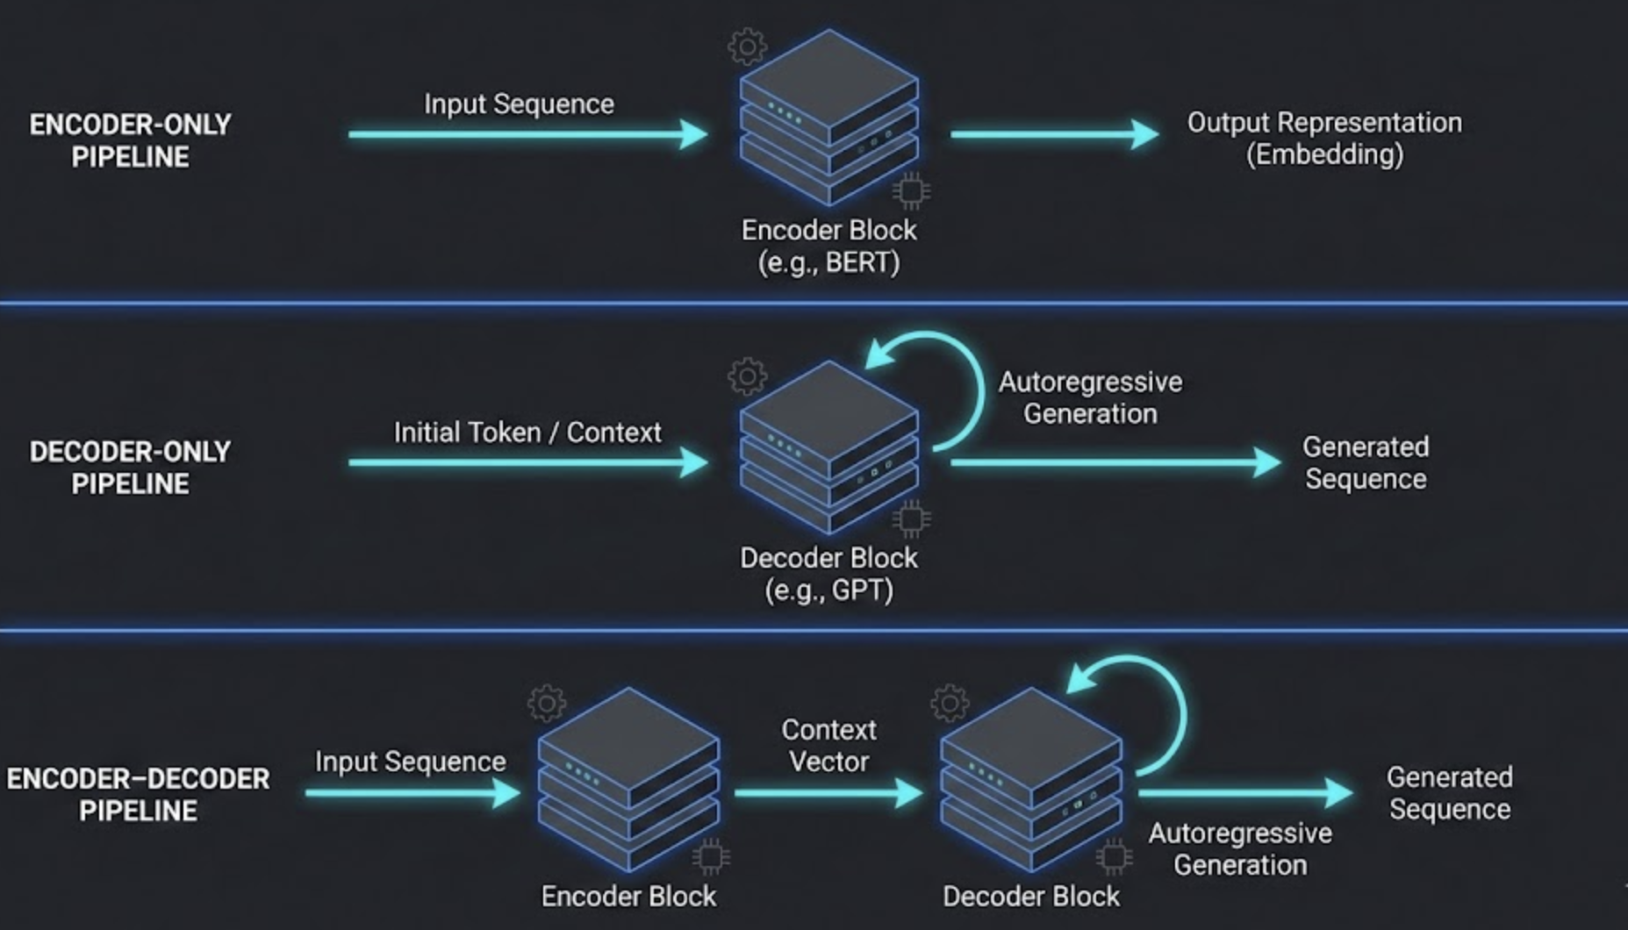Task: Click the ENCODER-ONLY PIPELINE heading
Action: (130, 140)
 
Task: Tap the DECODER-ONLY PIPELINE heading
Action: (130, 468)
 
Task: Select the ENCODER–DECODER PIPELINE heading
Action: (138, 795)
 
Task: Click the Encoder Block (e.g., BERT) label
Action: (828, 247)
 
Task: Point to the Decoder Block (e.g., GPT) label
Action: (828, 574)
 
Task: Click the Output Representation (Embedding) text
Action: (1324, 139)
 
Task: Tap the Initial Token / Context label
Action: (527, 433)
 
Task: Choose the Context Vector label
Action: (828, 746)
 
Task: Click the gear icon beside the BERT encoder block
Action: (747, 46)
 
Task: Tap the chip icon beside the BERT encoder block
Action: (912, 190)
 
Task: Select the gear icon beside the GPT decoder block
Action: (747, 376)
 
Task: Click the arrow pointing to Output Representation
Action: (1053, 134)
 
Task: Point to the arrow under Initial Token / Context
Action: (527, 462)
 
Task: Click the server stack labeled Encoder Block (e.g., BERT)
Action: (828, 118)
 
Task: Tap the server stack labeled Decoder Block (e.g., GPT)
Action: (828, 447)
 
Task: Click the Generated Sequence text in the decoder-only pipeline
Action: (1366, 463)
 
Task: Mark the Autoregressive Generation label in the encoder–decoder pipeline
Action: (1239, 849)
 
